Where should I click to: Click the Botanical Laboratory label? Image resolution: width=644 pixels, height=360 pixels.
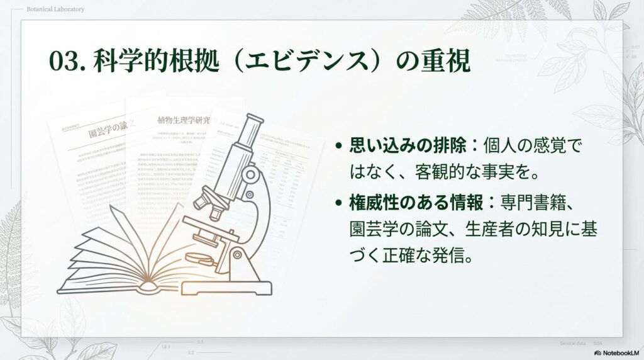(56, 9)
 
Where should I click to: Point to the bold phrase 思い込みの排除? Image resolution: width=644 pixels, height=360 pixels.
(408, 147)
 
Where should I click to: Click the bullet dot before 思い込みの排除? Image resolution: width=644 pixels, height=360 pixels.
(339, 147)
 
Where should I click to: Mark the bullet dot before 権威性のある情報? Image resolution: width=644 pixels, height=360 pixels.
(339, 203)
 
